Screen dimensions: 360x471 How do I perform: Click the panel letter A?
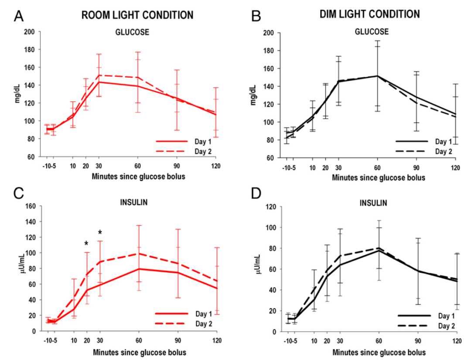click(18, 16)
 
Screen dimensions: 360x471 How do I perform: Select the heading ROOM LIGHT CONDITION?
click(137, 15)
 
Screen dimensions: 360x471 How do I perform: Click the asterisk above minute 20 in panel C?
click(86, 243)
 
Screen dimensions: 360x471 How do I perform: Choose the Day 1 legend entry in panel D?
click(421, 315)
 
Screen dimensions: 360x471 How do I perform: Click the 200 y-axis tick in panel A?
click(29, 32)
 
